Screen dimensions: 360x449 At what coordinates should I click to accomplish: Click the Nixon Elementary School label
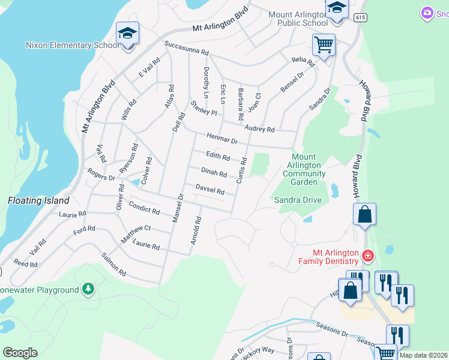pyautogui.click(x=72, y=45)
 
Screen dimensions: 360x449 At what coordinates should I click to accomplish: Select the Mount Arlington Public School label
pyautogui.click(x=298, y=19)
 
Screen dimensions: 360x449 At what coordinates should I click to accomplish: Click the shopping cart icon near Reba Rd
pyautogui.click(x=324, y=44)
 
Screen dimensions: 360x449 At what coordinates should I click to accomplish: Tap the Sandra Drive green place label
pyautogui.click(x=298, y=200)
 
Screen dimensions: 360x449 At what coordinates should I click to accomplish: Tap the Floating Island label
pyautogui.click(x=39, y=200)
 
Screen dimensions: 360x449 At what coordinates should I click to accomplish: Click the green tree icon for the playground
pyautogui.click(x=88, y=289)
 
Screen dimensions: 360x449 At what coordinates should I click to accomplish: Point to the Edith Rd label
pyautogui.click(x=218, y=157)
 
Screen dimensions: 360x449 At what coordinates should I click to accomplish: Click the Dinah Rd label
pyautogui.click(x=214, y=173)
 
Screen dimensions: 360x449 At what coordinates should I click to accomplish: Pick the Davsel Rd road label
pyautogui.click(x=210, y=190)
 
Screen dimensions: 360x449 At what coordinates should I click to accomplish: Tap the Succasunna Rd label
pyautogui.click(x=187, y=48)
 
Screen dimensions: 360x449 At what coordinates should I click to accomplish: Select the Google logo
pyautogui.click(x=20, y=353)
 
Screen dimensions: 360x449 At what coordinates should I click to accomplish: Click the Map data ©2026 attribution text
pyautogui.click(x=423, y=355)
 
